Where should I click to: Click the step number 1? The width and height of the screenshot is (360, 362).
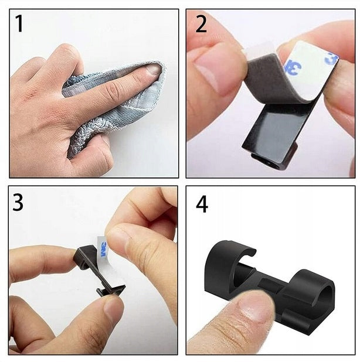click(x=19, y=23)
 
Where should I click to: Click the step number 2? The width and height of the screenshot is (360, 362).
click(x=201, y=24)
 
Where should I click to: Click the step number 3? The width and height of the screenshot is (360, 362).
click(x=18, y=202)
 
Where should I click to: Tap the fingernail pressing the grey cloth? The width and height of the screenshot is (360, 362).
click(x=154, y=70)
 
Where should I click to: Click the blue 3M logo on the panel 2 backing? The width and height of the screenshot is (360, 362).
click(x=294, y=68)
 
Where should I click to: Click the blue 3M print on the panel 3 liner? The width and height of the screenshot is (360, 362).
click(x=104, y=250)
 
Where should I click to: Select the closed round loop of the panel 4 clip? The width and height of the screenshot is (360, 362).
click(x=312, y=286)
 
